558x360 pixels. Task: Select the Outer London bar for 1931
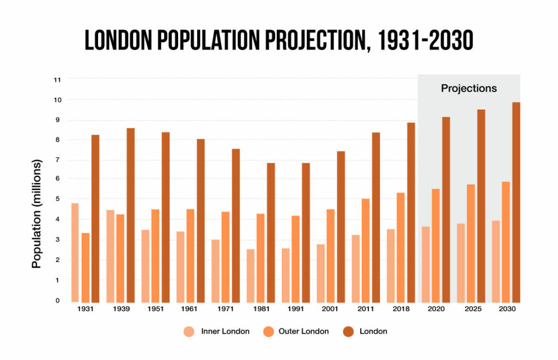pos(85,267)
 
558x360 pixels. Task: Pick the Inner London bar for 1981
pos(250,276)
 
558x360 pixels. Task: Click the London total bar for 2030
pos(516,202)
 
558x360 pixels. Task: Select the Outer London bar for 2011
pos(365,251)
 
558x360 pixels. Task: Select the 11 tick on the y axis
pos(57,80)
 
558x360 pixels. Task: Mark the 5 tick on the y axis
pos(57,199)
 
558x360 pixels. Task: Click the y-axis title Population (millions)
pos(37,214)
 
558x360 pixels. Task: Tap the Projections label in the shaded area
pos(469,88)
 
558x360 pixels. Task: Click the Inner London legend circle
pos(189,331)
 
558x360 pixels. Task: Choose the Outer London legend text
pos(304,331)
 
